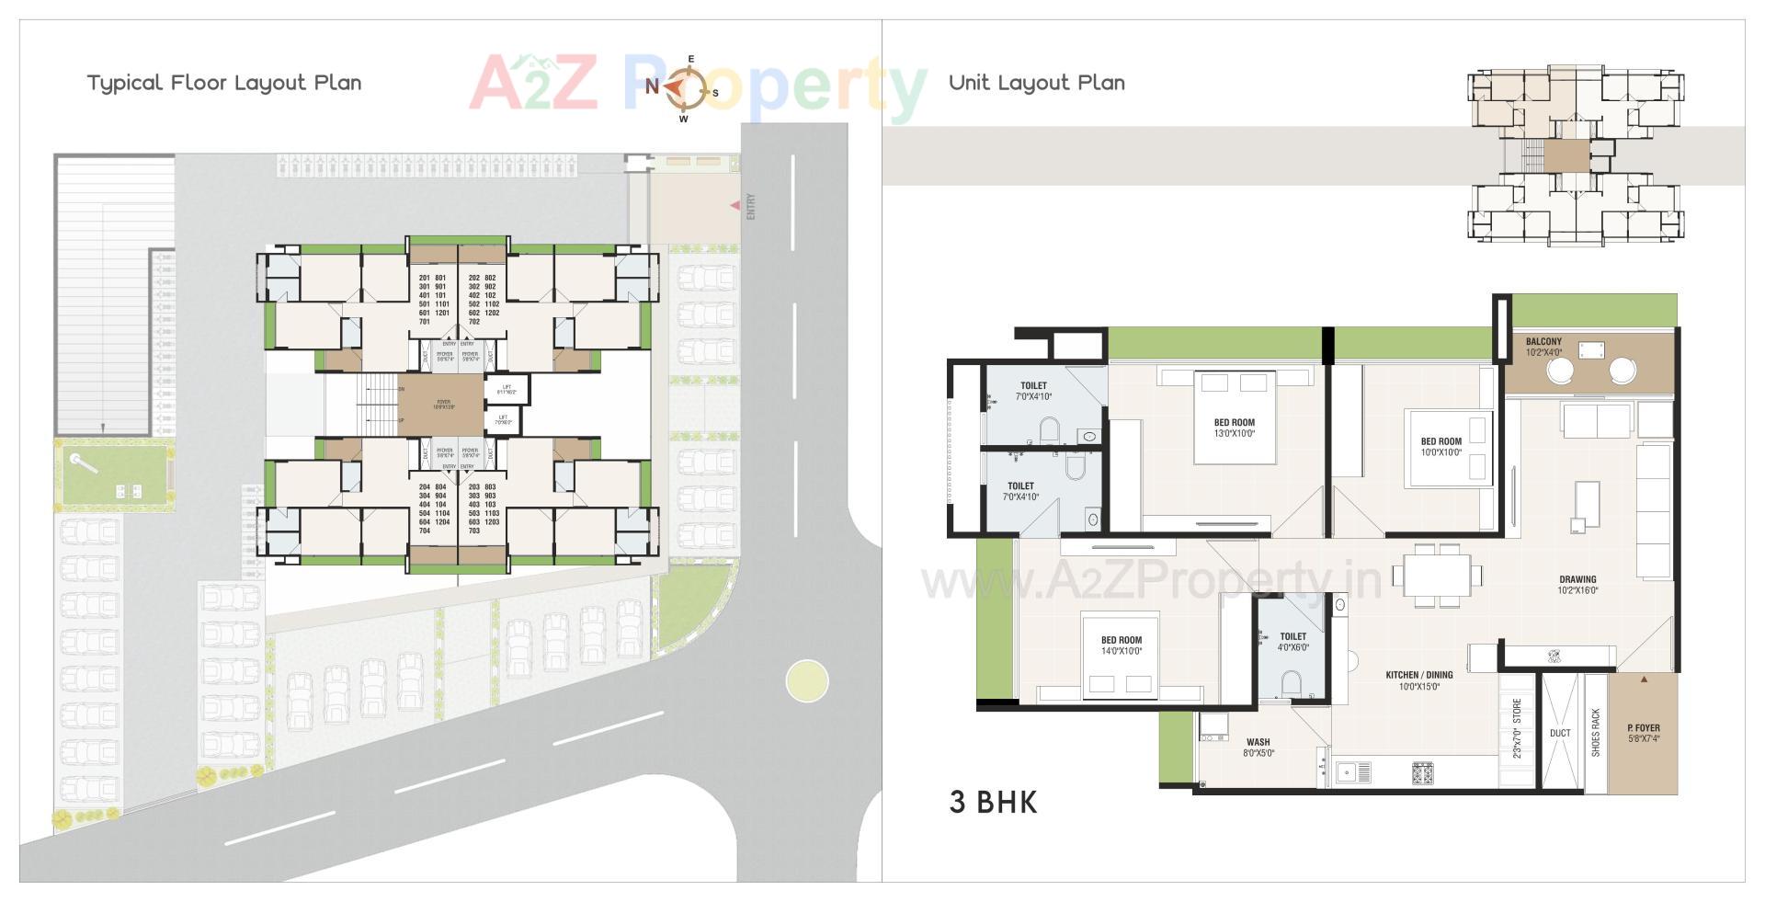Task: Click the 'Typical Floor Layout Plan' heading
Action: (x=224, y=83)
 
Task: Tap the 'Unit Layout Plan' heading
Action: (x=1036, y=83)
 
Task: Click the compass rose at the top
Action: (x=684, y=88)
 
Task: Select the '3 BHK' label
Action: (x=993, y=803)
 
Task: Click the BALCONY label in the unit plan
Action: (x=1543, y=347)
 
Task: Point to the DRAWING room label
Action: (x=1577, y=585)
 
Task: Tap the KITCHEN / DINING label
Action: (x=1419, y=680)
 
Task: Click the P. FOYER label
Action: (x=1643, y=733)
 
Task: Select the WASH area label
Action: (x=1258, y=747)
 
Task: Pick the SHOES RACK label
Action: (x=1596, y=733)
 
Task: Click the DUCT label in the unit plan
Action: (x=1560, y=733)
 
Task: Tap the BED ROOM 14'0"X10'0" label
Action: (x=1122, y=645)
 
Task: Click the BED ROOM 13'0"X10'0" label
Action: (x=1234, y=428)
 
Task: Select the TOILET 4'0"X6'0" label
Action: (x=1292, y=641)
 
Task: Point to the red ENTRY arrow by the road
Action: (x=734, y=206)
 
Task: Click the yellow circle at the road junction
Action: (x=807, y=681)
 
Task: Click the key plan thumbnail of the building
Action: (x=1576, y=155)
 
